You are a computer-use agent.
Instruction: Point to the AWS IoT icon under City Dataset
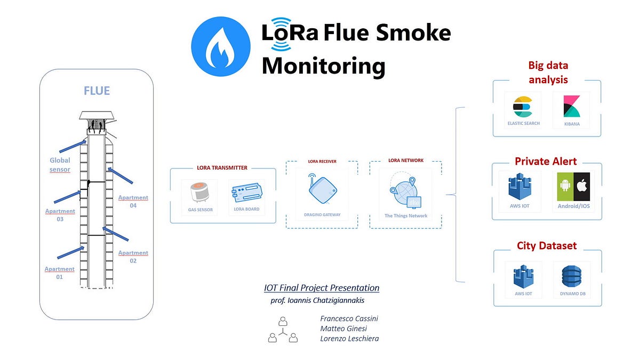523,276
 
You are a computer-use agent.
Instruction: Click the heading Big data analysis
548,73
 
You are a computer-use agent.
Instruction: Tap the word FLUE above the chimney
97,91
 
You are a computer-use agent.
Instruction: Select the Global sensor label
60,165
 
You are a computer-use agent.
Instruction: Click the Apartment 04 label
133,202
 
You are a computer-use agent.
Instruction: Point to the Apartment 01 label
59,273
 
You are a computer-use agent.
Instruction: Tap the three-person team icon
283,330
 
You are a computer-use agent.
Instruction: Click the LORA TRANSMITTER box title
222,168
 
